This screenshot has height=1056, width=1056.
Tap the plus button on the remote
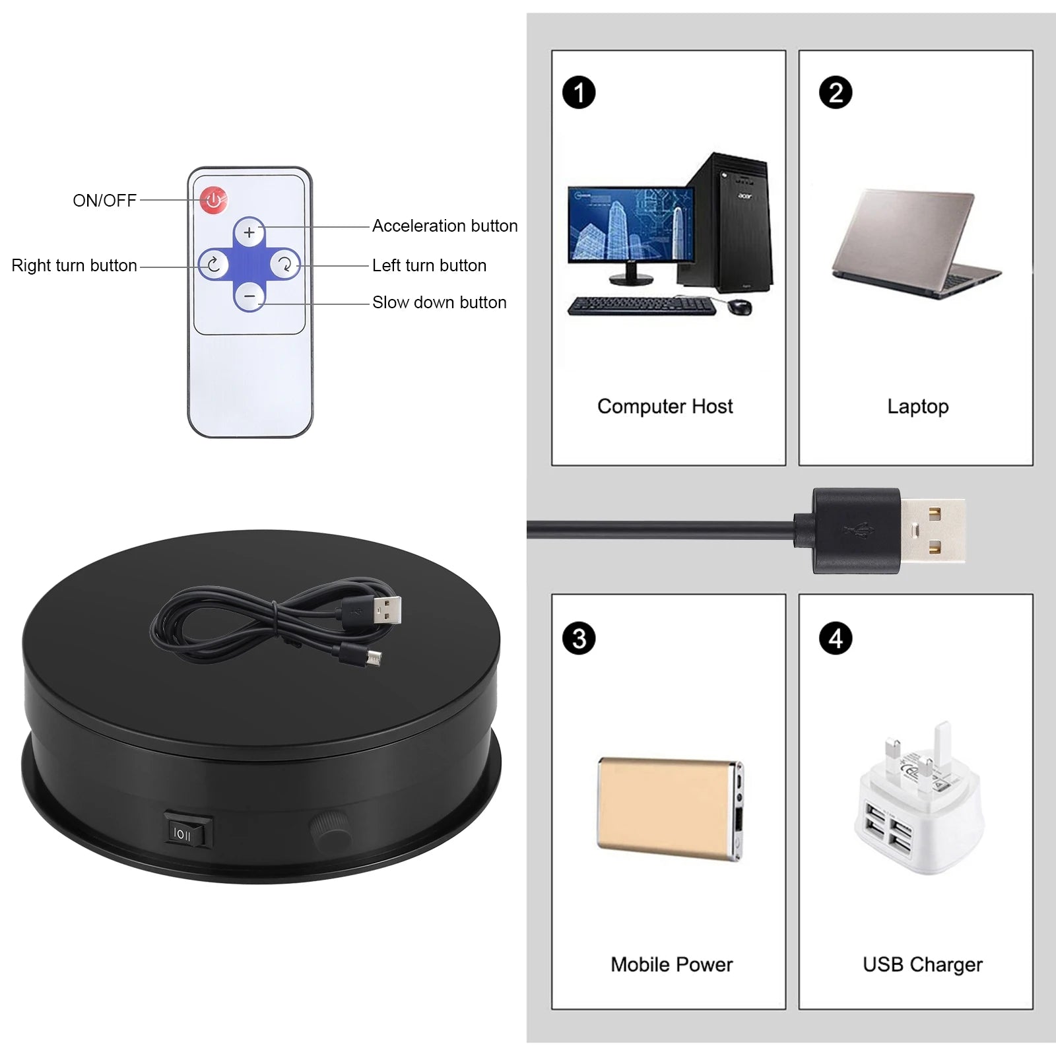pos(249,232)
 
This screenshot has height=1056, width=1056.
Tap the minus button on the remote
pos(249,297)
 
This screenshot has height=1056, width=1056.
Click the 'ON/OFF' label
pos(104,201)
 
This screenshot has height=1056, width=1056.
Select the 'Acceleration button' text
pos(444,226)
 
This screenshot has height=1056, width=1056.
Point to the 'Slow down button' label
pos(439,302)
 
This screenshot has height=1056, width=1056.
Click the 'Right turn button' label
pos(74,265)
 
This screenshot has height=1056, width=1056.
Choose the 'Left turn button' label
pos(429,265)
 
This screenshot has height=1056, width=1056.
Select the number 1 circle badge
pos(579,92)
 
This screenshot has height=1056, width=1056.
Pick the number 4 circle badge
pos(836,639)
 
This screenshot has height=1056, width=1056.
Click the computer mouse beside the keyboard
pos(741,306)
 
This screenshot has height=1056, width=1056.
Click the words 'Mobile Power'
pos(671,964)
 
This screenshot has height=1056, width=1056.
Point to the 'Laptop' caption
pos(917,406)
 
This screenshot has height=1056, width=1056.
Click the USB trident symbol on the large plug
pos(858,530)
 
